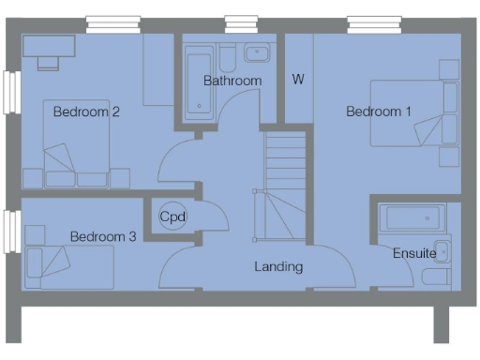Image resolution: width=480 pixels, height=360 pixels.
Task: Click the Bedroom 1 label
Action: pos(379,112)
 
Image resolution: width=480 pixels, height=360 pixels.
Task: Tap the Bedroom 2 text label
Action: pos(85,112)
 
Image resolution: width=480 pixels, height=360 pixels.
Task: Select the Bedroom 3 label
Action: pos(103,237)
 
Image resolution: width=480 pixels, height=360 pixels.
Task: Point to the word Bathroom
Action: pos(232,82)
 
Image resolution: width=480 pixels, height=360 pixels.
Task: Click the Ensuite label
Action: pos(413,253)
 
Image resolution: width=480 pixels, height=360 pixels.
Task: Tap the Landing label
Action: pos(278,266)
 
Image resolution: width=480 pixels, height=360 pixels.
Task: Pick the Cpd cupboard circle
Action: pos(172,217)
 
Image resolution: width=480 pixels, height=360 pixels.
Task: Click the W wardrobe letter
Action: pos(297,79)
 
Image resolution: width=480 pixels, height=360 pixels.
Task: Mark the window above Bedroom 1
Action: pos(372,22)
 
